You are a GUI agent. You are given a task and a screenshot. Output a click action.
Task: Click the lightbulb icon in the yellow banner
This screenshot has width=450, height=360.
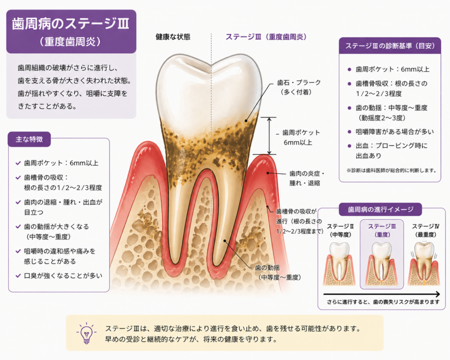click(87, 333)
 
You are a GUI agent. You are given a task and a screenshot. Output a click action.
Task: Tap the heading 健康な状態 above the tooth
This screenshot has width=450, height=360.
click(173, 37)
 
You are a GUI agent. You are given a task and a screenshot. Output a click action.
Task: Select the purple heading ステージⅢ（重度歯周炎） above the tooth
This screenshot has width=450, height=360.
click(266, 37)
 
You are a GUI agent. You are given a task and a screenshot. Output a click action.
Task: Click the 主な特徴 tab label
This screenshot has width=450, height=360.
click(29, 139)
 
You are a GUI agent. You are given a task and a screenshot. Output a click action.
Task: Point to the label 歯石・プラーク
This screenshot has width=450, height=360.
click(299, 83)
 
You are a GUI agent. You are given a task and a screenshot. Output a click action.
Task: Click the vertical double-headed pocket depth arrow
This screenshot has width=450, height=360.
click(269, 136)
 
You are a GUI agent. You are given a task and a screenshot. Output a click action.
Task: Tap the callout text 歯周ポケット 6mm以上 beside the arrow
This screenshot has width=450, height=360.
click(301, 138)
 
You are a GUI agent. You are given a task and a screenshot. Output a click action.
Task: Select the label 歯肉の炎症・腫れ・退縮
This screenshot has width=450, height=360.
click(307, 178)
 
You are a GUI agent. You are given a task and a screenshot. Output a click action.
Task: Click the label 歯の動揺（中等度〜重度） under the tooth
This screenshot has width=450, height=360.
click(278, 273)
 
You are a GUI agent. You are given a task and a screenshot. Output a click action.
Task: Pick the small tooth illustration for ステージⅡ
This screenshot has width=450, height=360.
click(340, 264)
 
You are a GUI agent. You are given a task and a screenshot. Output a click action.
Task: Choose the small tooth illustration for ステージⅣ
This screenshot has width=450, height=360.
click(424, 264)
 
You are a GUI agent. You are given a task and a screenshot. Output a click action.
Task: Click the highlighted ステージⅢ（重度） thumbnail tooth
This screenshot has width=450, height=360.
click(382, 264)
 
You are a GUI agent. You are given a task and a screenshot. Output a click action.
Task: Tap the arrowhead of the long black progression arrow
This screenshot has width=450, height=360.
click(437, 294)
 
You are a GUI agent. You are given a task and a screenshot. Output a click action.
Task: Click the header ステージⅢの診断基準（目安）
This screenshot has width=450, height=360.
click(390, 46)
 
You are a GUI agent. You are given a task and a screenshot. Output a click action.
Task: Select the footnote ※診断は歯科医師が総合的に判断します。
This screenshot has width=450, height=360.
click(392, 170)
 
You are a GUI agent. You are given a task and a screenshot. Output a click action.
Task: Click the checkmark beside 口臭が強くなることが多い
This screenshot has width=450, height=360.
click(18, 276)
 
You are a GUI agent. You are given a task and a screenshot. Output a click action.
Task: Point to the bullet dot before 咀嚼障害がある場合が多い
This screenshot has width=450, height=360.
click(349, 132)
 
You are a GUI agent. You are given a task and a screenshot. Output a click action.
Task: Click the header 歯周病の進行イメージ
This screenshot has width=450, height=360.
click(381, 209)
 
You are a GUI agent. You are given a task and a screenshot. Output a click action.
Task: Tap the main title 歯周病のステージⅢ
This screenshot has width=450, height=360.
click(71, 24)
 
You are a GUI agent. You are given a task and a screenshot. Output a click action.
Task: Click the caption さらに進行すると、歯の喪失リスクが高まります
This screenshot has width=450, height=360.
click(383, 302)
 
